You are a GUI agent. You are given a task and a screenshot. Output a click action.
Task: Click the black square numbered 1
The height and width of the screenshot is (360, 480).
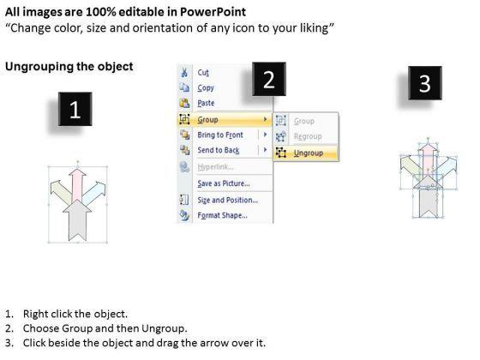(x=75, y=109)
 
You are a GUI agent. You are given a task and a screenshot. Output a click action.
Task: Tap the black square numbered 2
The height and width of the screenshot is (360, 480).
(x=269, y=79)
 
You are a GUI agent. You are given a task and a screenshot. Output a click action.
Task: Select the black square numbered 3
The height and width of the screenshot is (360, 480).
(x=425, y=82)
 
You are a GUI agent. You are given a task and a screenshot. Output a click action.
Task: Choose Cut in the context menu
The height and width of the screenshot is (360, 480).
(x=203, y=73)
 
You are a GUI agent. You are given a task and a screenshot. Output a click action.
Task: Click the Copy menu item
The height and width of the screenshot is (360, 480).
(x=206, y=87)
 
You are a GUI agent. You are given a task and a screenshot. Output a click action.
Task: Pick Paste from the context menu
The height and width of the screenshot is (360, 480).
(x=206, y=103)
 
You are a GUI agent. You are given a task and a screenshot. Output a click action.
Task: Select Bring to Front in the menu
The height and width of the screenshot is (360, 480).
(x=220, y=135)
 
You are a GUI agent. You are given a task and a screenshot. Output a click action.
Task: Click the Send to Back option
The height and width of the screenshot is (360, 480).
(x=219, y=150)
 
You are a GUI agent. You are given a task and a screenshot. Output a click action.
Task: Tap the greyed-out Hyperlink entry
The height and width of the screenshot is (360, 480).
(x=215, y=167)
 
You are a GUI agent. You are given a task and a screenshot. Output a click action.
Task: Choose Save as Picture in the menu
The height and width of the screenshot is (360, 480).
(x=224, y=183)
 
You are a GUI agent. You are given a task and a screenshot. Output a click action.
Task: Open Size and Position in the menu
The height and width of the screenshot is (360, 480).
(x=228, y=201)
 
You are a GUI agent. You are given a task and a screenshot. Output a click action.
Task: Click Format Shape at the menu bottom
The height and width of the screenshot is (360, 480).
(x=222, y=215)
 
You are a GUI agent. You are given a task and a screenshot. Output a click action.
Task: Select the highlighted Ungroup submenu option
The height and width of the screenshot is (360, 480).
(x=309, y=153)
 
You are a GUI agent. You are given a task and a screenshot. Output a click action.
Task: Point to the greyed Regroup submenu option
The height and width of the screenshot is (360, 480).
(x=308, y=136)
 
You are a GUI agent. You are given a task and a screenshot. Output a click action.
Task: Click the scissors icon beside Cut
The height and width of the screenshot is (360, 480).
(x=184, y=73)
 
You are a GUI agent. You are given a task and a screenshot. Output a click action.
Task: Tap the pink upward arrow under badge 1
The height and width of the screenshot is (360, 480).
(x=77, y=185)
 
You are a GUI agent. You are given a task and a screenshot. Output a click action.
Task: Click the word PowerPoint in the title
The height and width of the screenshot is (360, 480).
(x=213, y=12)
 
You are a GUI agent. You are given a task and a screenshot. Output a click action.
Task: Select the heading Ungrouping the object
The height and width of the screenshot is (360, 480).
(x=69, y=67)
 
